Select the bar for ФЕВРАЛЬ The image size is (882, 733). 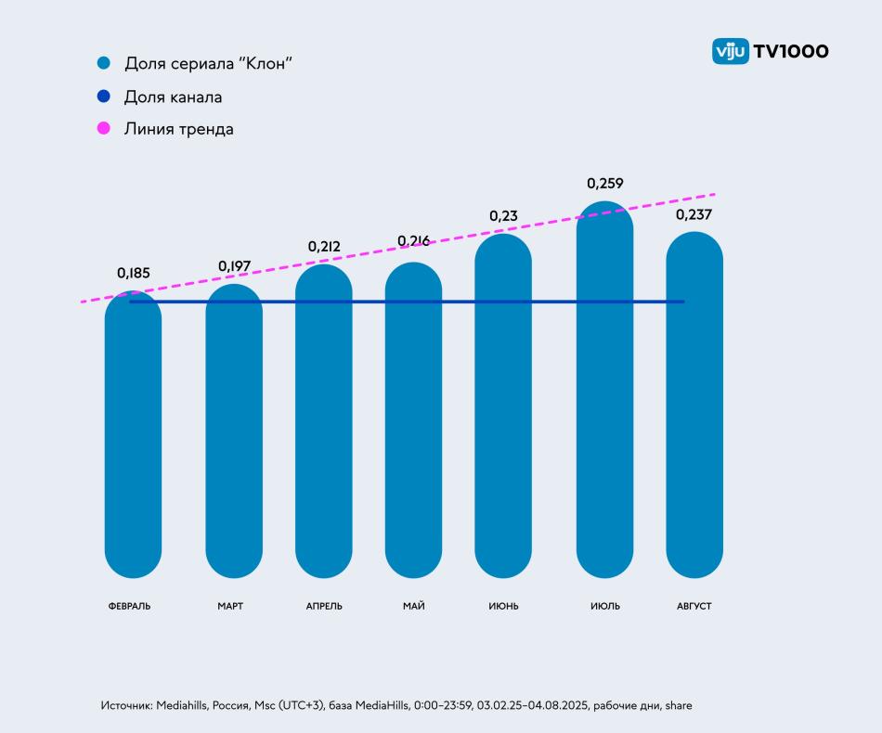[x=133, y=436]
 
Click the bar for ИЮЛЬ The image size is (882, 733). [x=604, y=390]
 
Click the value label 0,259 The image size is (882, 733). [x=604, y=184]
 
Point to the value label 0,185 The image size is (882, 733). [x=133, y=274]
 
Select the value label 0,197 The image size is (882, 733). [x=234, y=267]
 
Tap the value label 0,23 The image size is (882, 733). [x=503, y=216]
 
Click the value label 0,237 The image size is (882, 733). [x=694, y=214]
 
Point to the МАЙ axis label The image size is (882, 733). [x=414, y=606]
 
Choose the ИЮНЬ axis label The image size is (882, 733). [x=503, y=606]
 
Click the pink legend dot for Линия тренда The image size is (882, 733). [x=104, y=129]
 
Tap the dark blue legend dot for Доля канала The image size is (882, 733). [x=104, y=96]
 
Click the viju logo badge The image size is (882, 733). [x=730, y=51]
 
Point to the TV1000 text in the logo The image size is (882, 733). [x=790, y=51]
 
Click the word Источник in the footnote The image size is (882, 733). [x=126, y=706]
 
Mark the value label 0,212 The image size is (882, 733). [x=324, y=247]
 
